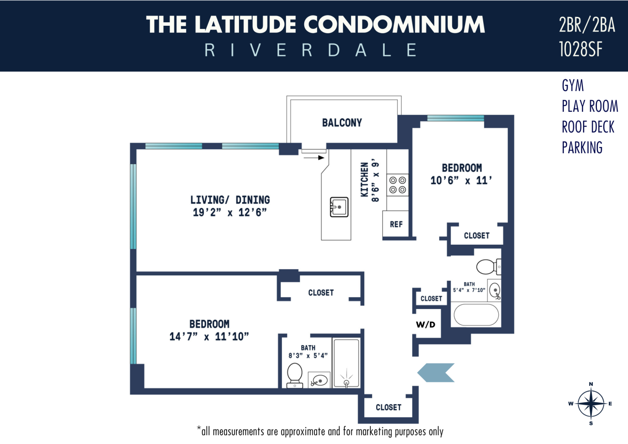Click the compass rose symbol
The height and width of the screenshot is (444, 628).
point(591,404)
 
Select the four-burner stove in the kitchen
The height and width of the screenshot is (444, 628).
point(397,185)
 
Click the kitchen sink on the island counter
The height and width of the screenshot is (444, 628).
point(339,207)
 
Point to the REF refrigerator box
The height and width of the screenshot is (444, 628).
point(396,224)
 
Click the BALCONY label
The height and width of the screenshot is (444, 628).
point(342,123)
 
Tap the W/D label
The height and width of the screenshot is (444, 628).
point(425,325)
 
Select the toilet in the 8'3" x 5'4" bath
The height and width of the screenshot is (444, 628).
point(295,375)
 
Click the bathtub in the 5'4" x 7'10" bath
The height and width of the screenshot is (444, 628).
point(476,315)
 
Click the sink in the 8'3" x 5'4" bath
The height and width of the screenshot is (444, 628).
point(319,381)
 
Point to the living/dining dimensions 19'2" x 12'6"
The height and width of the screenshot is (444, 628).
point(230,213)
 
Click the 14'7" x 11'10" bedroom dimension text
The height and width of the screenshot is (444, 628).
point(209,337)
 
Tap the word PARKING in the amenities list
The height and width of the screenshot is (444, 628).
point(582,148)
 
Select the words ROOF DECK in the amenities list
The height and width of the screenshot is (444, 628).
point(588,127)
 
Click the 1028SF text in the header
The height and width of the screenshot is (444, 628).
point(580,49)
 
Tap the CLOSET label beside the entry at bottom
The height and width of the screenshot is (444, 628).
point(388,407)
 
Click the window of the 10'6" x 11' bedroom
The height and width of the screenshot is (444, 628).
point(455,118)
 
